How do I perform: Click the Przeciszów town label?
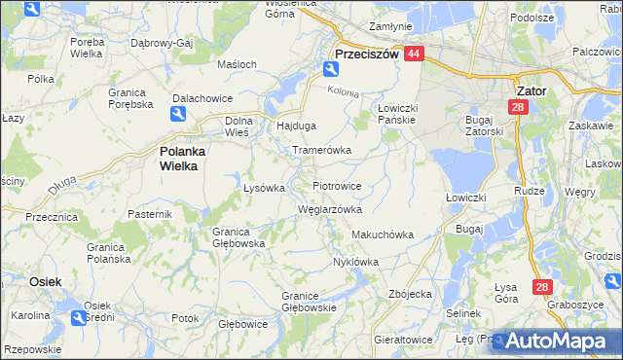[x=367, y=55]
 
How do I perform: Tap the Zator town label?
[x=527, y=90]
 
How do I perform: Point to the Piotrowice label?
[x=337, y=185]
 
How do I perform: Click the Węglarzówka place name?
[x=330, y=209]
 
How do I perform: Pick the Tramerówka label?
[x=321, y=151]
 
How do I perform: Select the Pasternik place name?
[x=150, y=213]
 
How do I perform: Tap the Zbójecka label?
[x=409, y=293]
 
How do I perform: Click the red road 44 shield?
[x=414, y=55]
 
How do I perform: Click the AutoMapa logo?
[x=556, y=342]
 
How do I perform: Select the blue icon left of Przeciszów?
[x=329, y=69]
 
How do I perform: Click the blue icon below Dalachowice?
[x=179, y=115]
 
